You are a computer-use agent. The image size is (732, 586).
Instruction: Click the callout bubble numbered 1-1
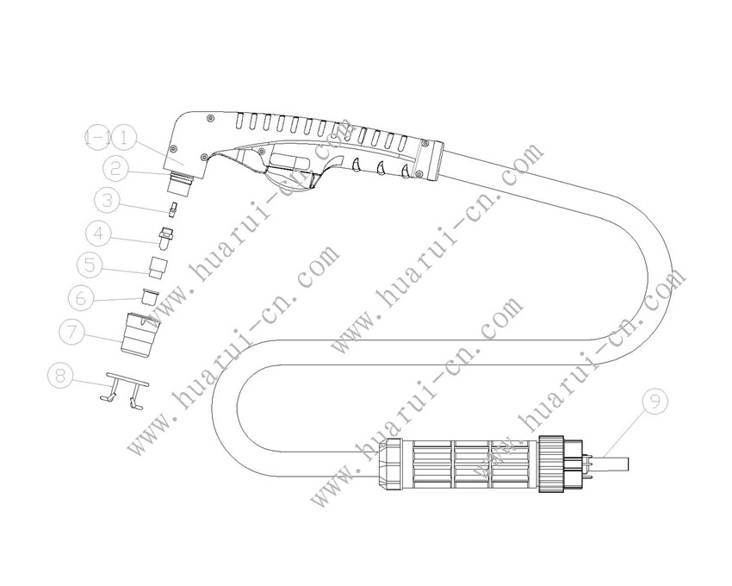click(x=98, y=137)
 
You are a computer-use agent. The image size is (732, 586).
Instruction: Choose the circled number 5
click(x=90, y=263)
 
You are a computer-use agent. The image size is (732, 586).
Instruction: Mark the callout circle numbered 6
click(x=82, y=297)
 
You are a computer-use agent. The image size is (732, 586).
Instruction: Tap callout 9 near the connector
click(x=656, y=401)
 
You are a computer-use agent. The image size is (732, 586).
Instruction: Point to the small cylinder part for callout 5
click(x=158, y=266)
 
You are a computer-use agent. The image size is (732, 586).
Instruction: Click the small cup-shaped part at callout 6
click(x=149, y=299)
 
